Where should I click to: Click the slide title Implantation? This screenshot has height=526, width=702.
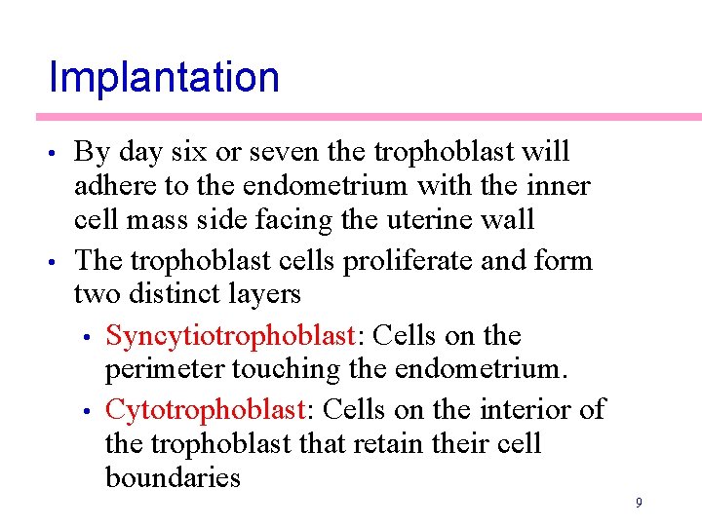[164, 77]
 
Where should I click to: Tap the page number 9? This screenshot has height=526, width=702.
[638, 503]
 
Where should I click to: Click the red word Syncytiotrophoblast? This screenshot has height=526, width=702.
[229, 336]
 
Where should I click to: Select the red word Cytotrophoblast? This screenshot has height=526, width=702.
[205, 409]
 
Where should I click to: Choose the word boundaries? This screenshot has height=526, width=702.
[173, 477]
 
